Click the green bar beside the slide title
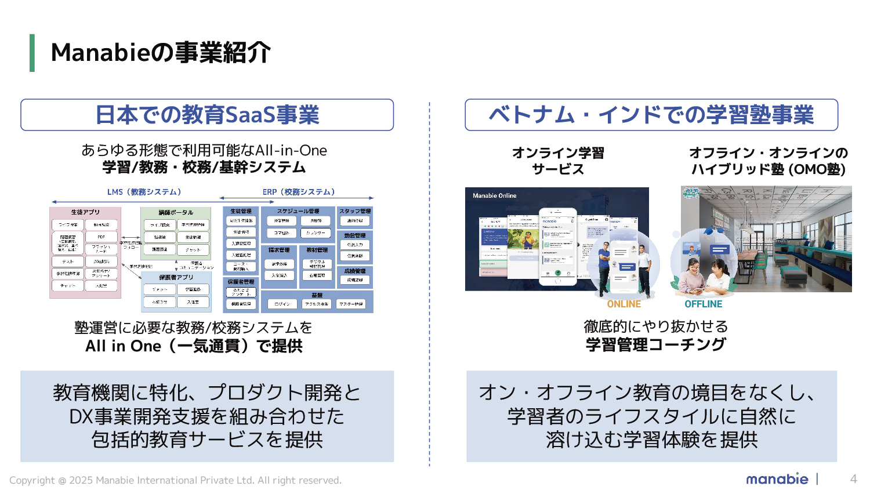coord(32,53)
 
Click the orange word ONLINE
coord(623,304)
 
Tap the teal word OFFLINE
coord(703,304)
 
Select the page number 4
coord(853,479)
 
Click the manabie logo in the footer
coord(777,479)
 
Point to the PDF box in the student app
coord(101,237)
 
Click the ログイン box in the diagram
coord(282,304)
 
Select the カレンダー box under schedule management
coord(316,233)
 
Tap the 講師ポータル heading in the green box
coord(176,212)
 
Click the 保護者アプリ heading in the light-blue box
coord(176,277)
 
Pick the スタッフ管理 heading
coord(354,211)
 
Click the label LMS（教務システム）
coord(144,192)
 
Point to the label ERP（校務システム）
coord(299,192)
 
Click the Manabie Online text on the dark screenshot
coord(494,196)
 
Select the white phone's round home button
coord(557,281)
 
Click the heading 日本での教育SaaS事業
coord(207,115)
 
